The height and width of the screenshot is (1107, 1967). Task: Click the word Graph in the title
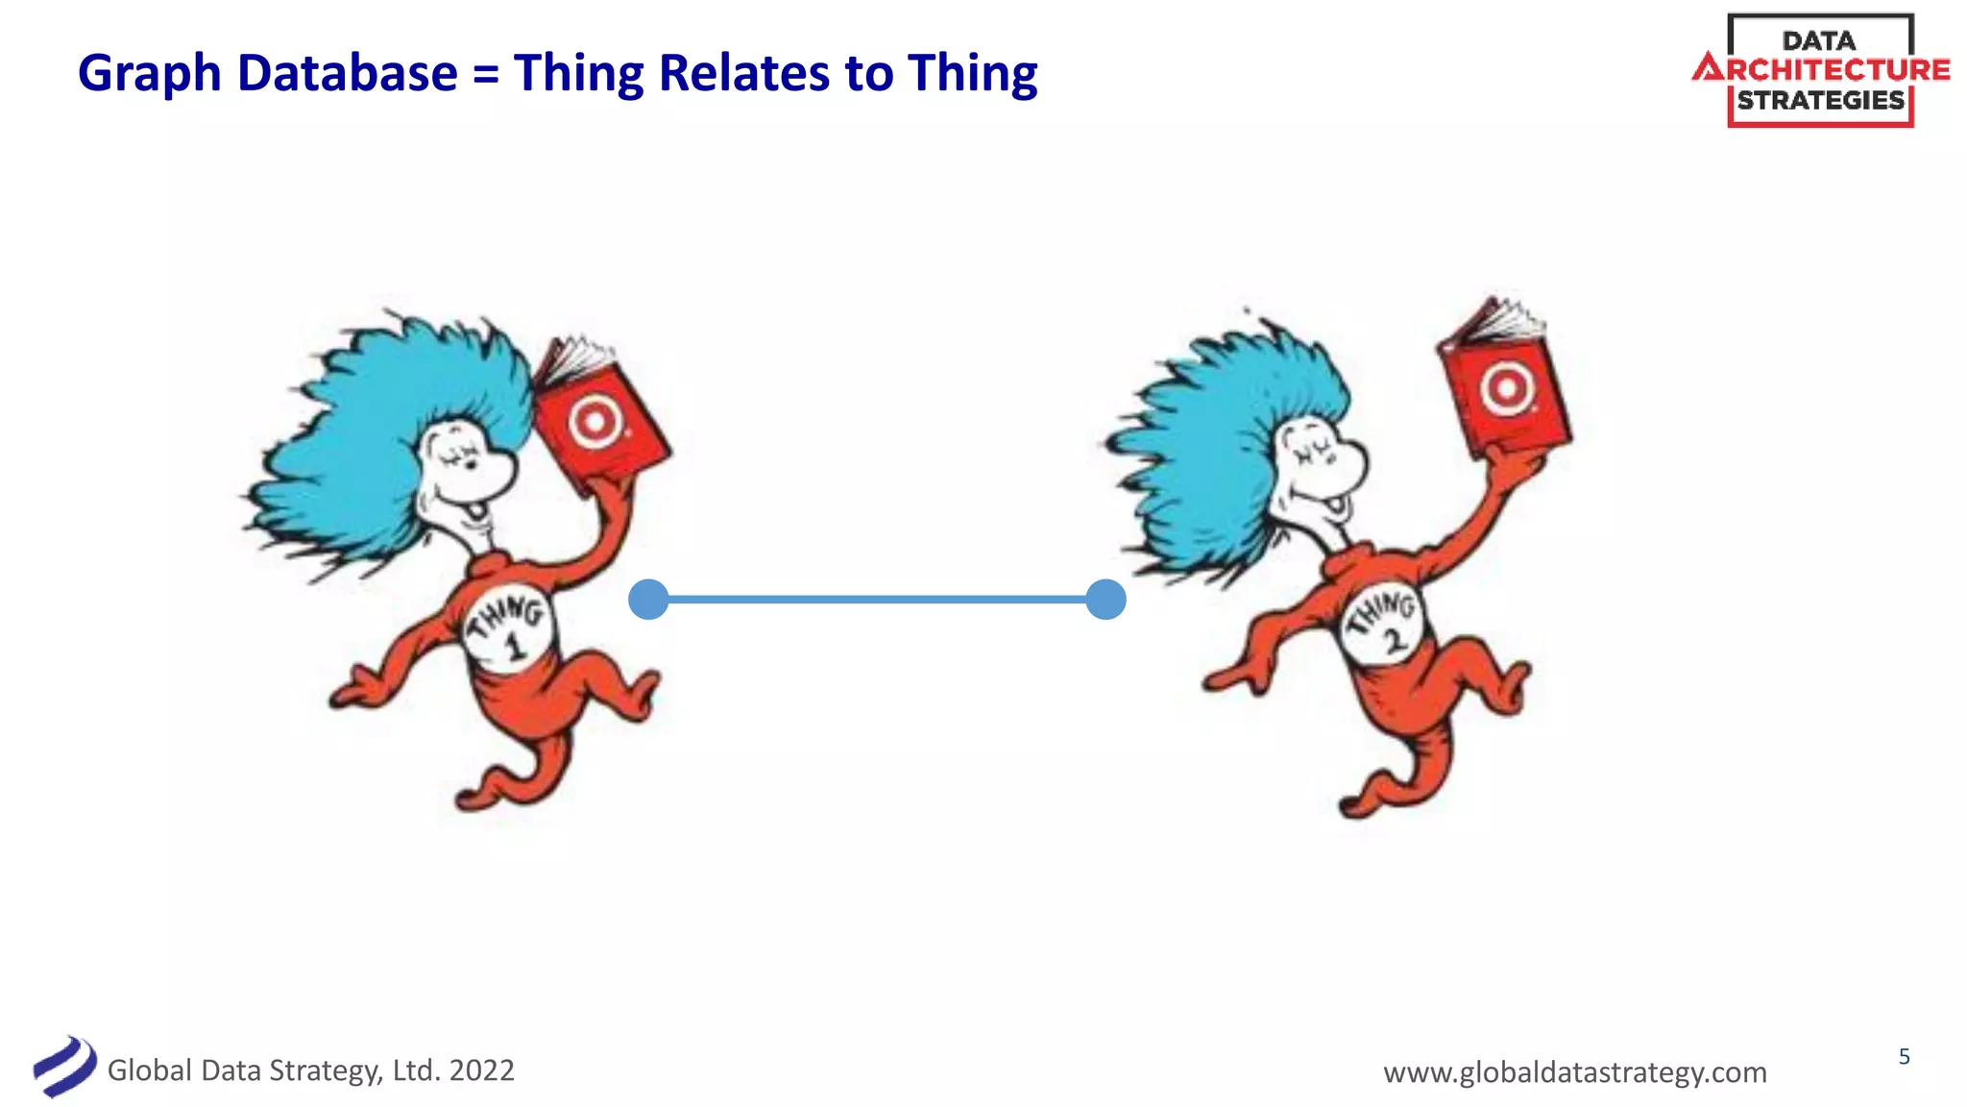point(149,75)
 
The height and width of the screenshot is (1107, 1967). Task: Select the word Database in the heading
point(348,73)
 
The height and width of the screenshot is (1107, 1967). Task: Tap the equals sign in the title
point(486,75)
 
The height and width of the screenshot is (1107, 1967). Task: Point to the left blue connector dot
point(648,600)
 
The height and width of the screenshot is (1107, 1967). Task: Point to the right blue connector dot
point(1105,600)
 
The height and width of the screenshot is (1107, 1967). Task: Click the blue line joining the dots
point(876,600)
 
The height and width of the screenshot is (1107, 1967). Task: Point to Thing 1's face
point(466,471)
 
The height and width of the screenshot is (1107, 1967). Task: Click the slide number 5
point(1904,1057)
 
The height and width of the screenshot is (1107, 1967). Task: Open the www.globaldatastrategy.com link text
point(1574,1071)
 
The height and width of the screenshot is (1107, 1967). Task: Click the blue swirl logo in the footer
point(63,1067)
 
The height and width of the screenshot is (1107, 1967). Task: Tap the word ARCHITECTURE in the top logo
point(1822,70)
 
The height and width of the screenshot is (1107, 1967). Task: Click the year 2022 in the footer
point(481,1070)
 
